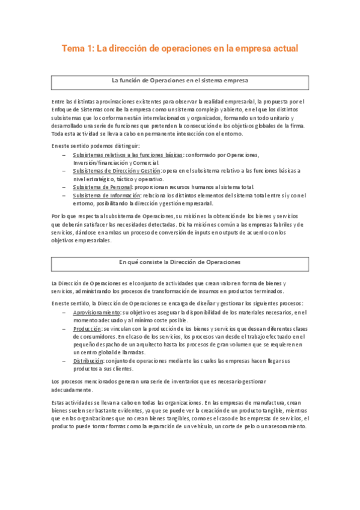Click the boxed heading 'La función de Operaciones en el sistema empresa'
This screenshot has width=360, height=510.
(180, 80)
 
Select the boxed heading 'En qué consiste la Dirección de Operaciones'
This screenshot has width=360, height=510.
(180, 262)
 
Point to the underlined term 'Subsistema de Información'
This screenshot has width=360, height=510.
(106, 195)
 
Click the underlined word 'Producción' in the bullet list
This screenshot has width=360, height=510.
(87, 329)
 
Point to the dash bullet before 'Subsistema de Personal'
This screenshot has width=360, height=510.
(64, 187)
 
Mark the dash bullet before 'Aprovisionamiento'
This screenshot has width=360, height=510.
(64, 313)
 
